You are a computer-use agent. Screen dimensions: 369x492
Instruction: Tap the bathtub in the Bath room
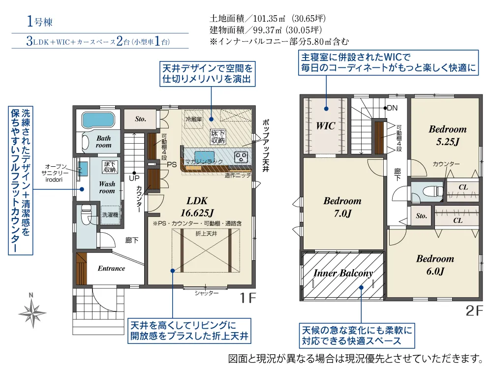tap(98, 119)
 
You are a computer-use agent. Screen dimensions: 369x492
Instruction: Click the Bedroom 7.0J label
tap(342, 207)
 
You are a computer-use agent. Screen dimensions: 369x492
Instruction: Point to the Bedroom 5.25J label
tap(447, 135)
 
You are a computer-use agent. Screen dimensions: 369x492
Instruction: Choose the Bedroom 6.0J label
tap(435, 265)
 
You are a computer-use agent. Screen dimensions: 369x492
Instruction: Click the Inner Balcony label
tap(343, 274)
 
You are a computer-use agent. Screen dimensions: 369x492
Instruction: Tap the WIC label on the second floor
tap(325, 126)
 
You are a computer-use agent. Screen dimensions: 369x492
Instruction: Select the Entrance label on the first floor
tap(111, 269)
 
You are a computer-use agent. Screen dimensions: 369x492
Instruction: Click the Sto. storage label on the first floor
tap(141, 119)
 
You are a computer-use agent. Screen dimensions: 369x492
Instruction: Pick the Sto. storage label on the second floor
tap(421, 216)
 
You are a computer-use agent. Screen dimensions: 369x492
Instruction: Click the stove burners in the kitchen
tap(242, 157)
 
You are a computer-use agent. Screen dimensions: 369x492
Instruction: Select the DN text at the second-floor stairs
tap(392, 108)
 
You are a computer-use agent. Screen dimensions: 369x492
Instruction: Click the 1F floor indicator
tap(248, 298)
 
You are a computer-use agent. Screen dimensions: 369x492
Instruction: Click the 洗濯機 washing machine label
tap(110, 215)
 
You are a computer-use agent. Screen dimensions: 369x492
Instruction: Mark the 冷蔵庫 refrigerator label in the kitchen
tap(194, 120)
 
